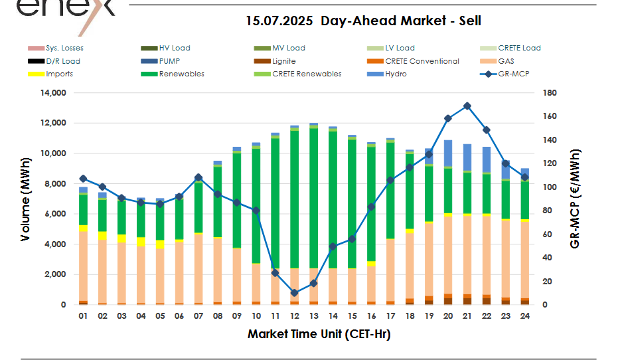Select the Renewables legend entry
point(181,74)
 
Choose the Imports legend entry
point(59,74)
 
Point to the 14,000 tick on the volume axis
point(53,94)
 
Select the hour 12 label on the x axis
point(294,316)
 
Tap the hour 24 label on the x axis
point(524,316)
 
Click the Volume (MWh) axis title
point(25,199)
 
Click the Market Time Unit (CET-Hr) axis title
point(319,334)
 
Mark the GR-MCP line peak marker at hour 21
point(467,106)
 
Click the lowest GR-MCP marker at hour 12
point(294,293)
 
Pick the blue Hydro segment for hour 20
point(448,153)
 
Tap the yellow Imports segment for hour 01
point(83,228)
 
